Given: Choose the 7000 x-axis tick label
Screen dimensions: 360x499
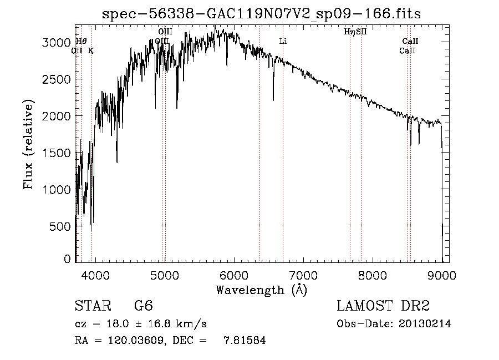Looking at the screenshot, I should coord(303,273).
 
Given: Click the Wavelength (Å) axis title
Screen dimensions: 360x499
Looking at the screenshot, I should coord(261,289).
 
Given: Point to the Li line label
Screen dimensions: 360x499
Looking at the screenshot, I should coord(283,41).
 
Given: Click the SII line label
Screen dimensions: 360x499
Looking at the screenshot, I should coord(361,32).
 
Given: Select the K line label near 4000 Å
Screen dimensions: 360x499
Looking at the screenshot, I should coord(91,50).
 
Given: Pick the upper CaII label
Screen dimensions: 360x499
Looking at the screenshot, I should coord(410,41).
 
